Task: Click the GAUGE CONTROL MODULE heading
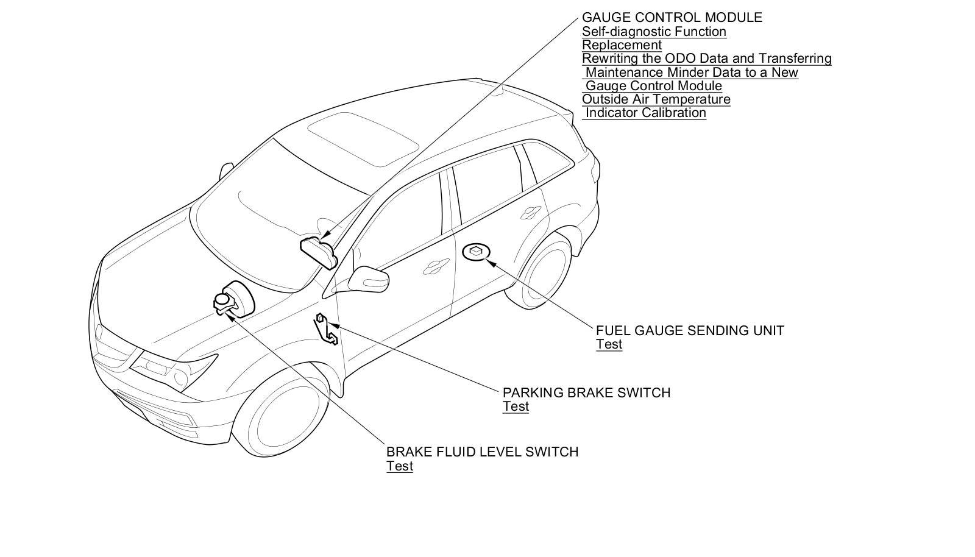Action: click(x=672, y=18)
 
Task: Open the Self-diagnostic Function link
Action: click(x=654, y=32)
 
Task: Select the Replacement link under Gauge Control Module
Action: click(x=622, y=45)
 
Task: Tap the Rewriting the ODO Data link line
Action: click(x=706, y=59)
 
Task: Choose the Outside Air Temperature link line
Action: click(x=656, y=99)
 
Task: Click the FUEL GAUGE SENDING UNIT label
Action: click(x=690, y=331)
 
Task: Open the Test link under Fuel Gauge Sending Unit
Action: click(x=609, y=344)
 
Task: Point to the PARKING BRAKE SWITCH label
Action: click(x=586, y=393)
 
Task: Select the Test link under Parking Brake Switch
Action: click(x=516, y=407)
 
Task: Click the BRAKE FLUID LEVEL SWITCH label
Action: click(x=482, y=452)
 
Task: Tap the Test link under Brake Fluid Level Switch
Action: click(x=399, y=467)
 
